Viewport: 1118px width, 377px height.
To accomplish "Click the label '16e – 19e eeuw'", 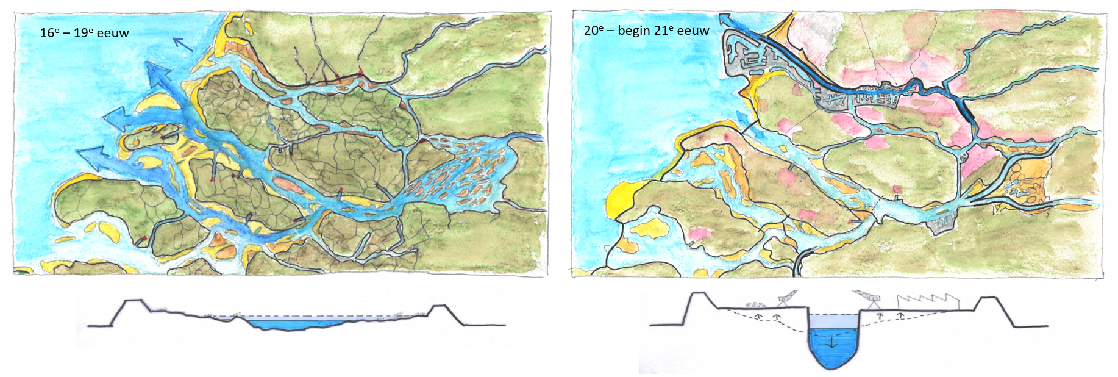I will click(x=84, y=33).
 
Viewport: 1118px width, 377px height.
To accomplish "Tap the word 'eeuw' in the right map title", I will click(x=693, y=31).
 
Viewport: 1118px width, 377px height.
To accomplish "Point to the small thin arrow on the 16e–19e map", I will click(x=182, y=44).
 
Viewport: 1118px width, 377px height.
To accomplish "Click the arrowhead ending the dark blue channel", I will click(x=727, y=18).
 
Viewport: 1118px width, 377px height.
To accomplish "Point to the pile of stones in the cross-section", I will click(x=757, y=304).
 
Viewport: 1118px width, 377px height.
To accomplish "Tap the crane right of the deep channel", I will click(x=868, y=297).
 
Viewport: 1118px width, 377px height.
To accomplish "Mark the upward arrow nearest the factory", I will click(x=900, y=316).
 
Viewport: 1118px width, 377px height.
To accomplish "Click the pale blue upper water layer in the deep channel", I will click(x=833, y=321).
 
